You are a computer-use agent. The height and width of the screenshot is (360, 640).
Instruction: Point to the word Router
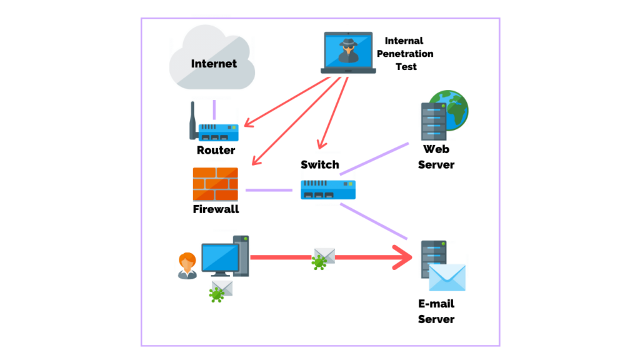216,150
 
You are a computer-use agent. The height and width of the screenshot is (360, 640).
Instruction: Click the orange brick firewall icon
216,184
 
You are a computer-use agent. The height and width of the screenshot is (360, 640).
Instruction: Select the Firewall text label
216,209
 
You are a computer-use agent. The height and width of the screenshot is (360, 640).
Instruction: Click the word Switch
319,164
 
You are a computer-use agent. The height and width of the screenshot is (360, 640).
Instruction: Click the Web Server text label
436,157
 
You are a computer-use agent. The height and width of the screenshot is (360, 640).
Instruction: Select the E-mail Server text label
436,311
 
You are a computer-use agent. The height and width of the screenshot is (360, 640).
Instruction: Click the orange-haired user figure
187,265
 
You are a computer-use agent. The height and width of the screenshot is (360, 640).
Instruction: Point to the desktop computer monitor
220,258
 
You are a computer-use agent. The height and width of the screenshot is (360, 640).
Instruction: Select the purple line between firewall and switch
269,190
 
